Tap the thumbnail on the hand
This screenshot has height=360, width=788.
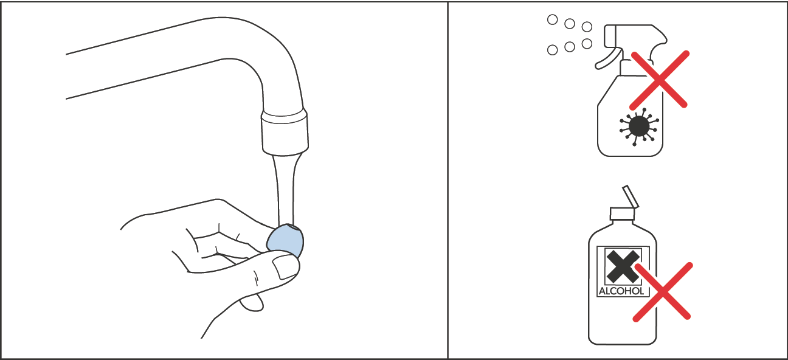(284, 266)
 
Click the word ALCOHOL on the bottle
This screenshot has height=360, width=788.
(621, 291)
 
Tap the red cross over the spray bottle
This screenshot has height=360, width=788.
(659, 79)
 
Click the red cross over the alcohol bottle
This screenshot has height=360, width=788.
(663, 291)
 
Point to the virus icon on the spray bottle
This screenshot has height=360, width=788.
(637, 126)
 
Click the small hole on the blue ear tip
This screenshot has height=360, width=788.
(294, 229)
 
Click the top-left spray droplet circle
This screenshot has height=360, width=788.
(552, 19)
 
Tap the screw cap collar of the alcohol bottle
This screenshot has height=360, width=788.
(622, 213)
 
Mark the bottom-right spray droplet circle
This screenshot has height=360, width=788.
(587, 43)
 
